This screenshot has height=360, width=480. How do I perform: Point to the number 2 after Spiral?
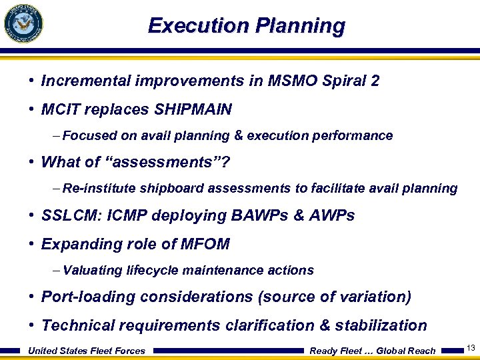375,81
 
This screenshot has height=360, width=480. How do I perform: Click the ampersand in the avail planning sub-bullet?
238,136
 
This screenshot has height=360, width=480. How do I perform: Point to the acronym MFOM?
205,244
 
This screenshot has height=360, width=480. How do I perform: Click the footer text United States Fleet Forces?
87,351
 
